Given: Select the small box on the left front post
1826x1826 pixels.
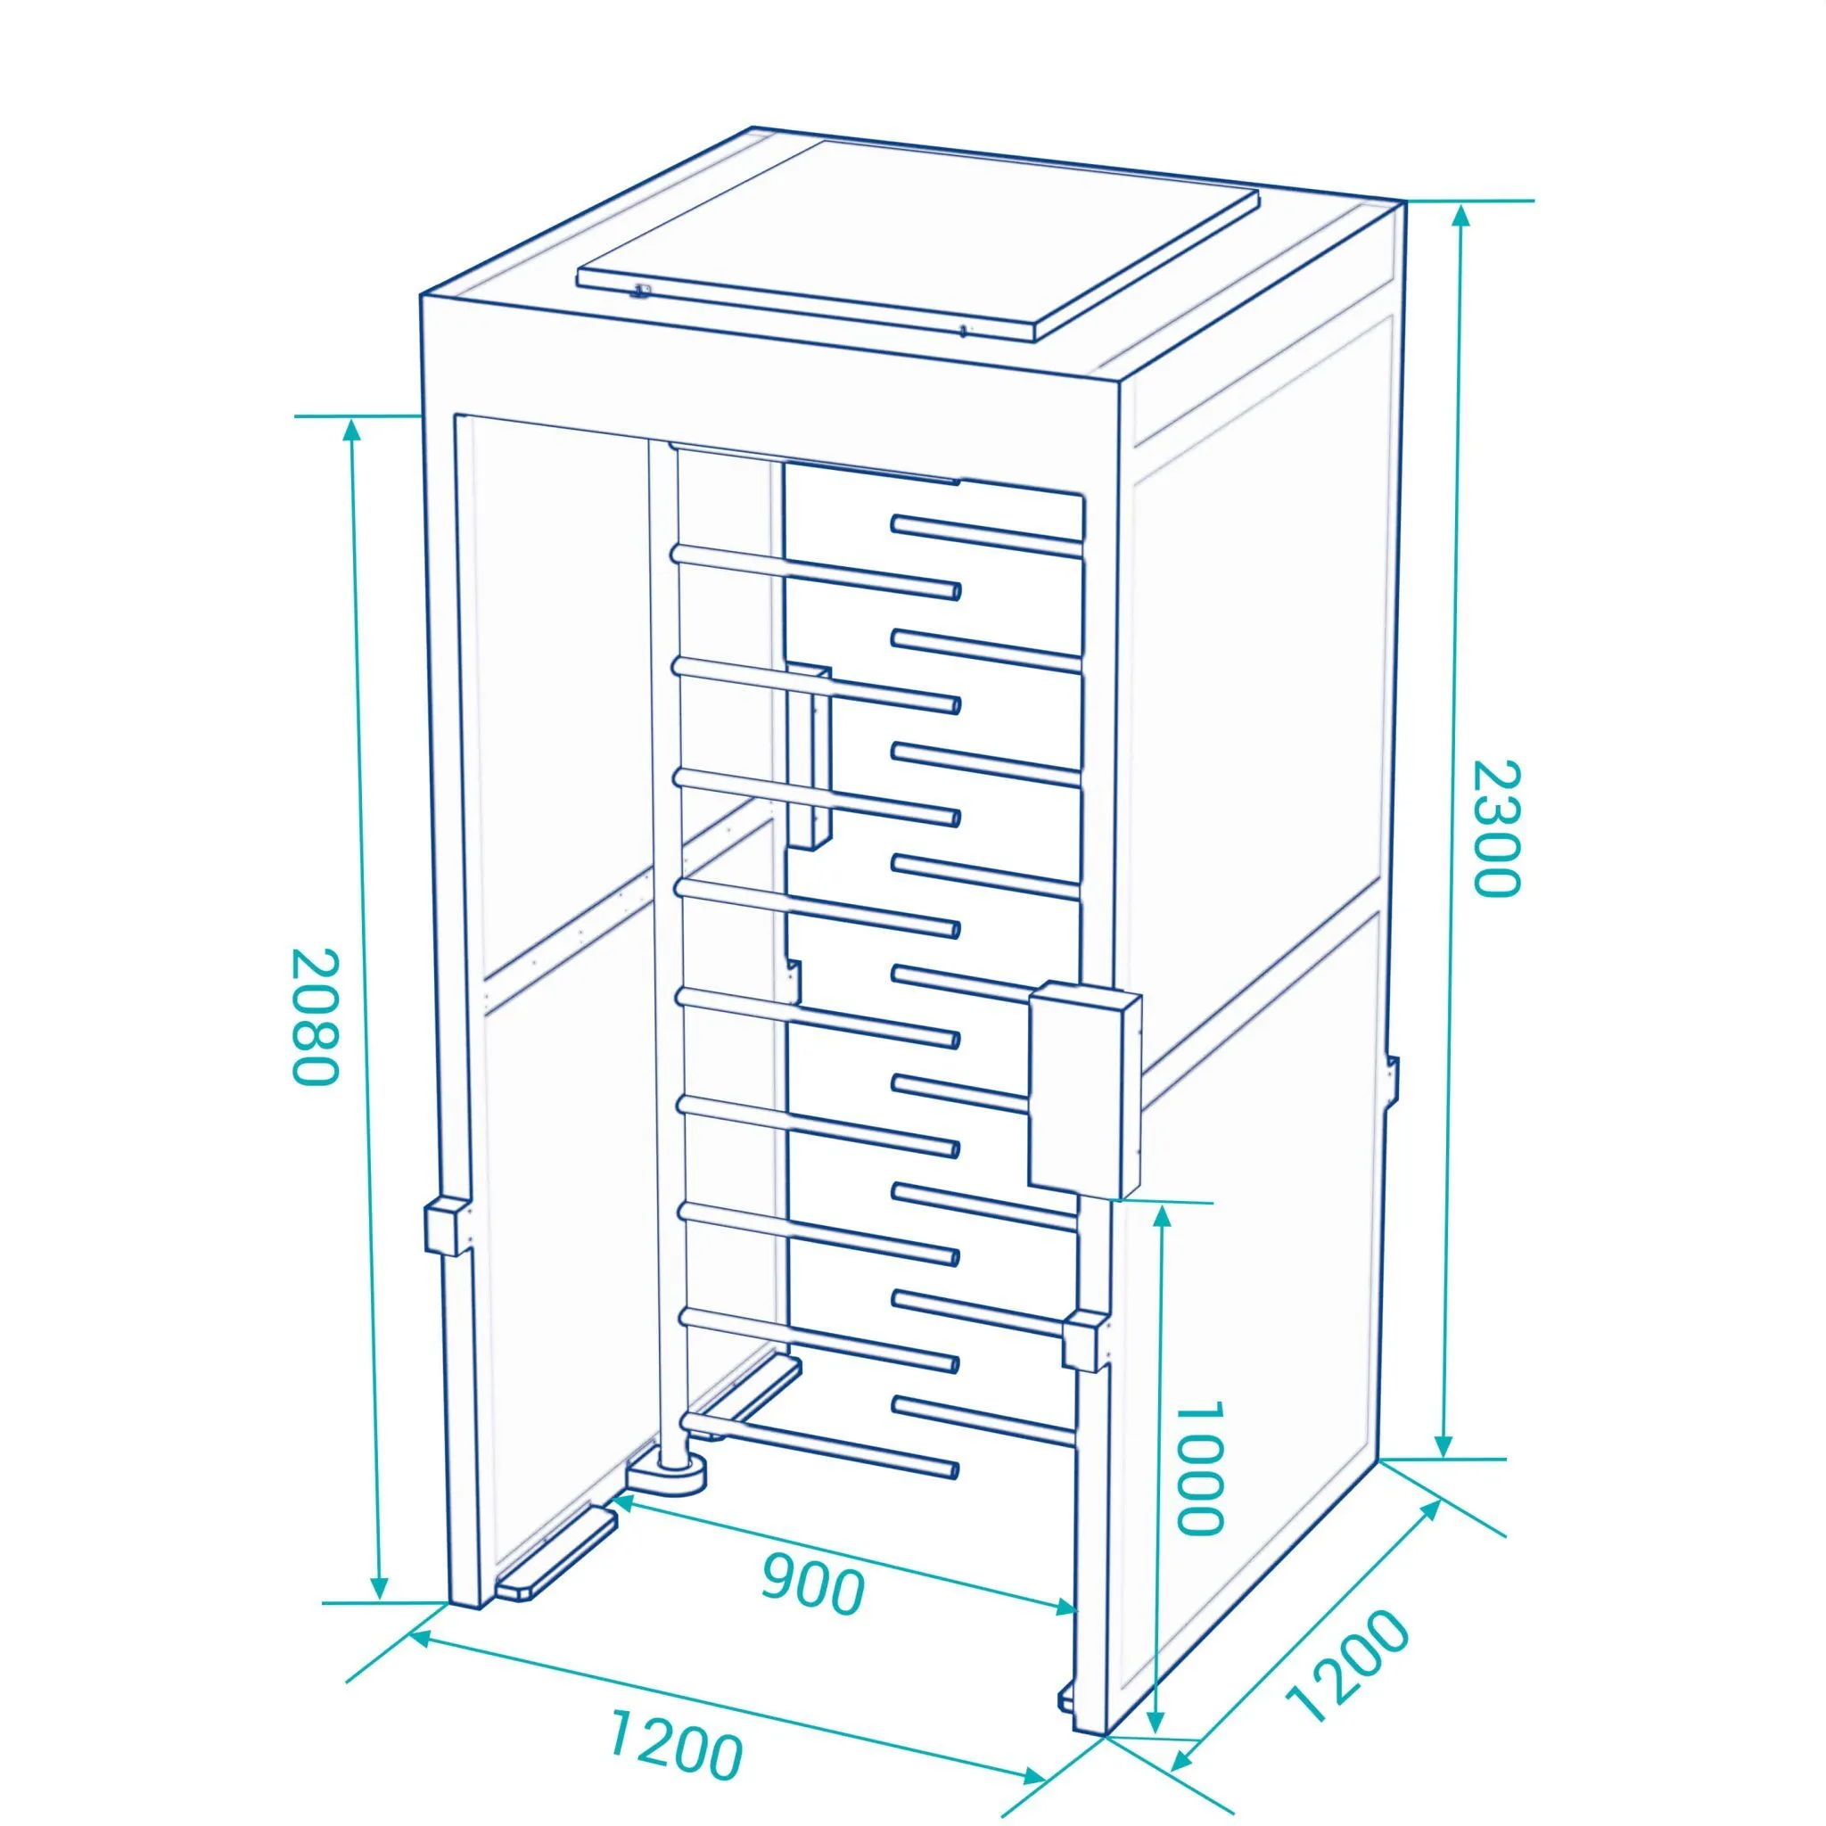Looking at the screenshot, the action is (446, 1226).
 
